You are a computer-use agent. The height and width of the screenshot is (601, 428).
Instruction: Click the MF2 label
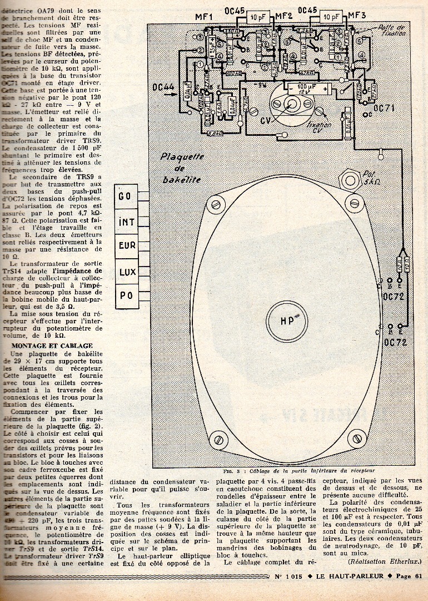tap(284, 16)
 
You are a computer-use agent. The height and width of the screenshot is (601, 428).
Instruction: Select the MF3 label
tap(356, 16)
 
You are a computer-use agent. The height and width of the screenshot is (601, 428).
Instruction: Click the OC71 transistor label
tap(384, 107)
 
